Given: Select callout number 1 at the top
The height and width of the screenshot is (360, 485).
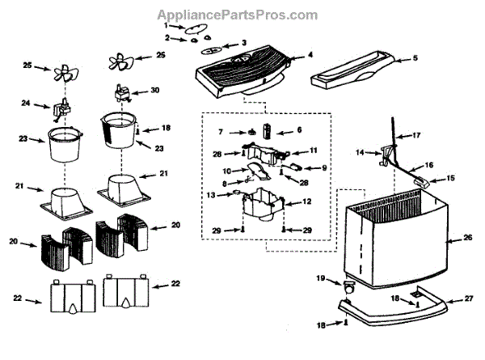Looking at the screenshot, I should point(166,26).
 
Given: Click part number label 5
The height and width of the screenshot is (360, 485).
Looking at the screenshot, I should point(415,58).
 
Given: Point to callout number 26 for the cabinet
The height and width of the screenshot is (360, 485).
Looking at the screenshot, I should point(467,239).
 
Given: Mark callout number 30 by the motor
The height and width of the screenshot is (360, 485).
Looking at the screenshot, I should point(154,91).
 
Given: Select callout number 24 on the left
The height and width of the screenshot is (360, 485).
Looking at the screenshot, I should point(24,104).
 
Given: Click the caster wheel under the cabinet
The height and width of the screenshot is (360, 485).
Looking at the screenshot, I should point(349,288).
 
